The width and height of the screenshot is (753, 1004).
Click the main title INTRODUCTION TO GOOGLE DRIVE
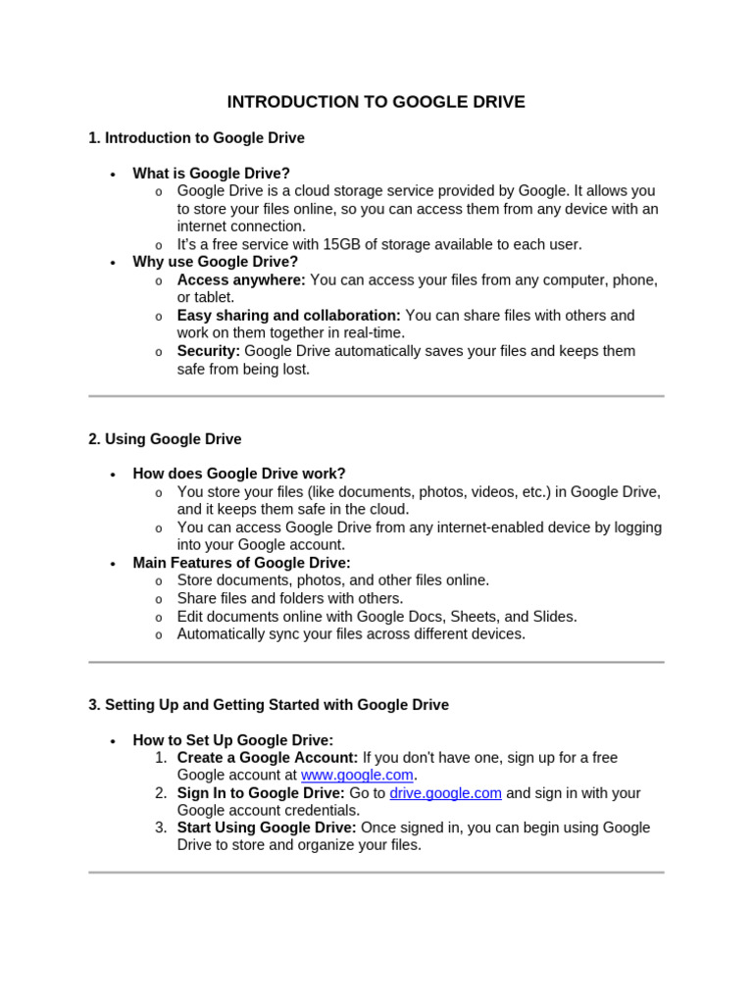point(376,102)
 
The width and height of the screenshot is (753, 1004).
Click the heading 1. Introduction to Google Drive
point(196,138)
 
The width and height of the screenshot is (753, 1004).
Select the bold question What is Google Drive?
point(211,174)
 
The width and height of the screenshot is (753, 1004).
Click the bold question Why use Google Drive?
point(215,262)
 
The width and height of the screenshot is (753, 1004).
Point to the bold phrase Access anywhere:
point(241,280)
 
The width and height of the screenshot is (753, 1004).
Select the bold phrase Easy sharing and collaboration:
point(288,316)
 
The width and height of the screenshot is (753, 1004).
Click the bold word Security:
point(208,351)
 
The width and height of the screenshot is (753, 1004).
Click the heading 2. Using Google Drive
point(165,439)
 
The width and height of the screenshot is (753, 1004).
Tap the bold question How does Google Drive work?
point(239,474)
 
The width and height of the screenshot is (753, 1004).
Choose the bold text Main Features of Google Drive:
point(241,563)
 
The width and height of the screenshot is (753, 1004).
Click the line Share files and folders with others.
point(290,598)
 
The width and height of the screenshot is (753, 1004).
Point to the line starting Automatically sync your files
point(351,634)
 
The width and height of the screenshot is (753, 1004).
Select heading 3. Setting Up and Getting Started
point(269,705)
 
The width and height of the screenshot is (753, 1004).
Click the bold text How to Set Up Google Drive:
point(233,740)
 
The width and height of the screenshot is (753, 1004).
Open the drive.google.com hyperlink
point(445,793)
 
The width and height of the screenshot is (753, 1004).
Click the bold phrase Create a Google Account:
point(268,758)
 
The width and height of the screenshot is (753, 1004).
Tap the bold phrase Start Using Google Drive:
point(267,828)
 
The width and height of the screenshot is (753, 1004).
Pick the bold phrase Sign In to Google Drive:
point(261,793)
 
